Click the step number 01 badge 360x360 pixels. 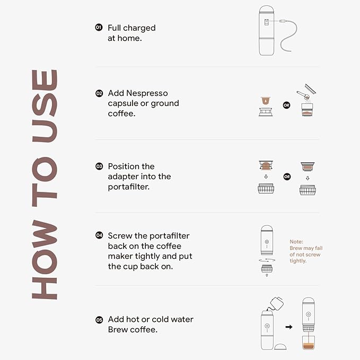99,27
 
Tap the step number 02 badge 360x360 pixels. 99,93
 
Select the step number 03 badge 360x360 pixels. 99,166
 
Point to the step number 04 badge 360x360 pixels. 99,235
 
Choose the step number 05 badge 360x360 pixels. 99,320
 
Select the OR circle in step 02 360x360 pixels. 286,105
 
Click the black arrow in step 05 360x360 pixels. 288,327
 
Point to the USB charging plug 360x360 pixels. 285,21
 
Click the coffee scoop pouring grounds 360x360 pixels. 304,94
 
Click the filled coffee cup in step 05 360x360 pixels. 308,343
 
